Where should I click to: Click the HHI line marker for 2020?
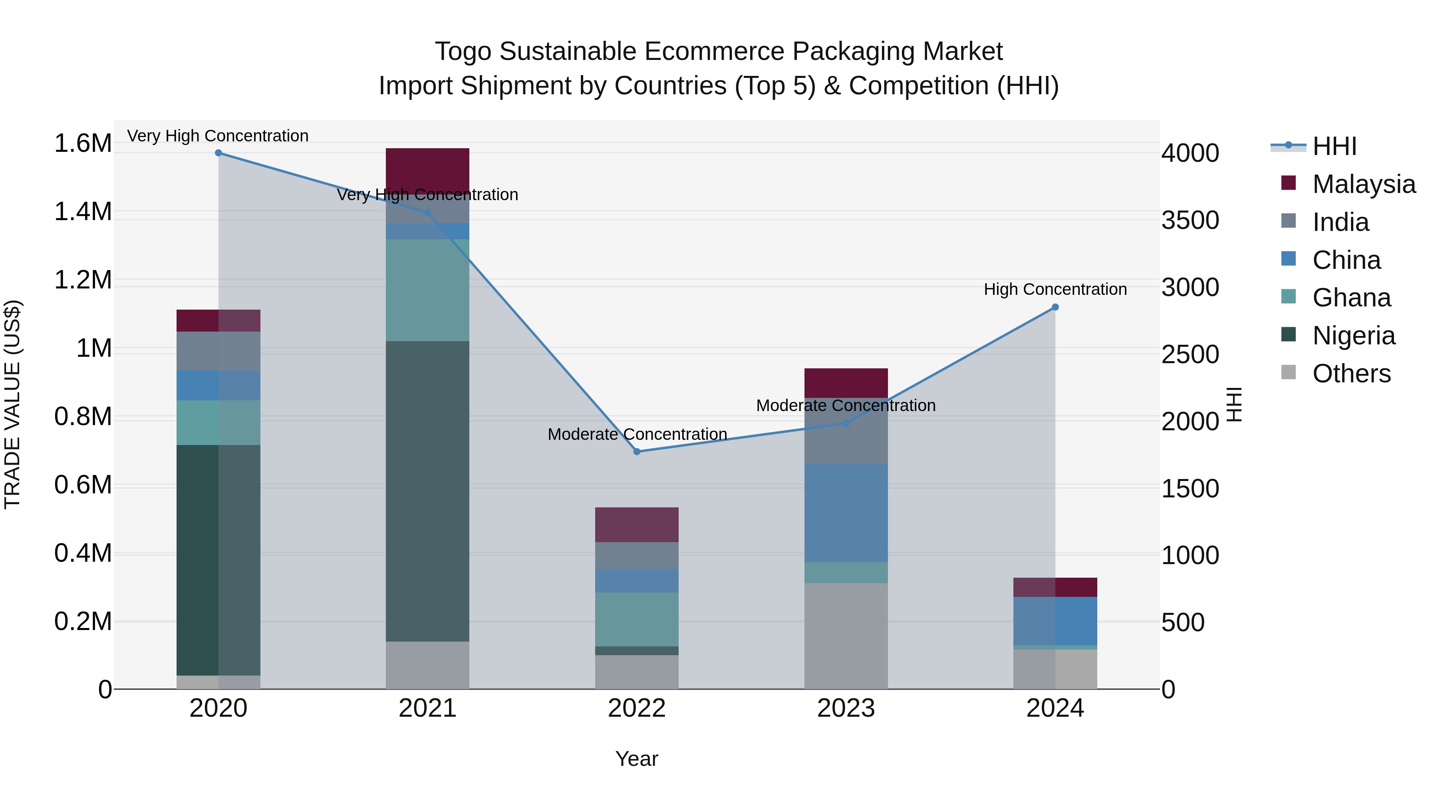point(218,153)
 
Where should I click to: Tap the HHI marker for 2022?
point(637,452)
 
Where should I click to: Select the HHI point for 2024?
point(1055,307)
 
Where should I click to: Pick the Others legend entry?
point(1351,374)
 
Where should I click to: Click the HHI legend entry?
point(1334,146)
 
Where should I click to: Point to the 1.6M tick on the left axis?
point(83,143)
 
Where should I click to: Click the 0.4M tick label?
point(83,553)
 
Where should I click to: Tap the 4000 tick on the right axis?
point(1190,153)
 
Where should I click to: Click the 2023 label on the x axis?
point(846,708)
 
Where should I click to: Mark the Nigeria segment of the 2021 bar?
point(427,491)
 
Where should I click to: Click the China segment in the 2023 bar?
point(846,513)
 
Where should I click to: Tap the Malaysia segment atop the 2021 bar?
point(427,167)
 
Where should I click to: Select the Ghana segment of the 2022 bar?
point(637,619)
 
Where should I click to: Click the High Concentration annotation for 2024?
point(1055,289)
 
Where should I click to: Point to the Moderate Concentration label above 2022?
point(637,434)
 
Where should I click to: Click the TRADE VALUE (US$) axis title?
point(12,404)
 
